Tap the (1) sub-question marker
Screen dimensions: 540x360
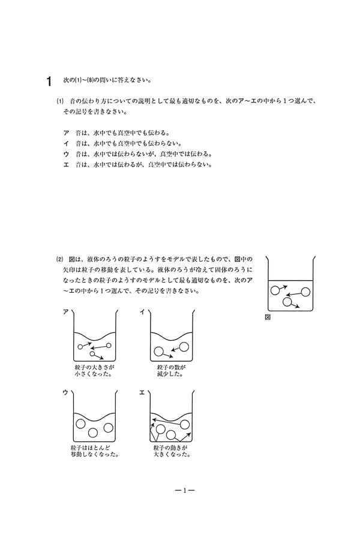tap(60, 101)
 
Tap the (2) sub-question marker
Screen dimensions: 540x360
tap(60, 259)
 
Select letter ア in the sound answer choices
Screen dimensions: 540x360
tap(65, 133)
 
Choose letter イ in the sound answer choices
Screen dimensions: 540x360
tap(65, 143)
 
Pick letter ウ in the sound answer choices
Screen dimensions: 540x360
tap(65, 153)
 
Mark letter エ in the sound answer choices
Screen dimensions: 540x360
tap(65, 163)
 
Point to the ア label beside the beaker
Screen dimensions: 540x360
tap(65, 312)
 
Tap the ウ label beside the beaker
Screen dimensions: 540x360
tap(65, 392)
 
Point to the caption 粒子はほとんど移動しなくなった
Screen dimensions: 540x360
tap(94, 451)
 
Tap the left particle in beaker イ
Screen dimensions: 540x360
tap(159, 352)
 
